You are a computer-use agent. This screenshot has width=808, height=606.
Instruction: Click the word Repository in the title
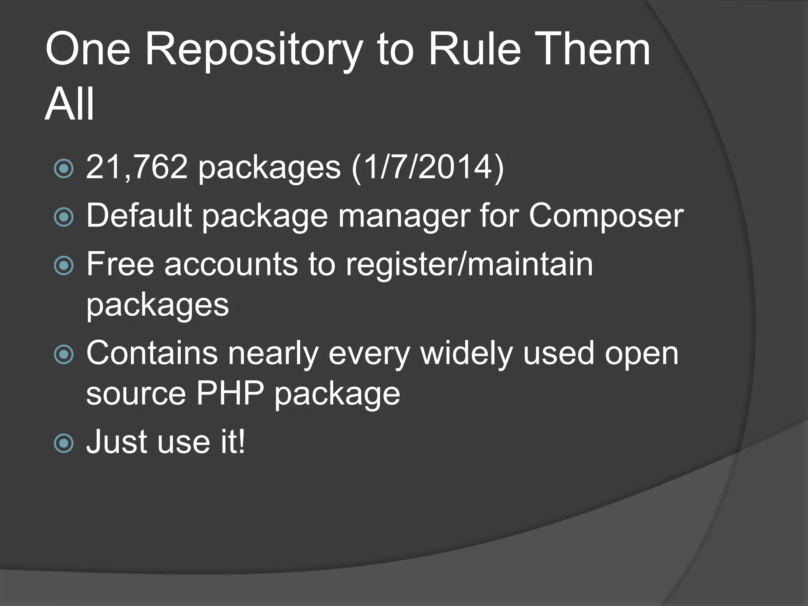click(x=254, y=50)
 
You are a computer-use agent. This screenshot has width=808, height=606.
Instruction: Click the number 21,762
click(x=137, y=167)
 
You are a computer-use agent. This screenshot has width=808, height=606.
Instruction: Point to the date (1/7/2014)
click(x=428, y=167)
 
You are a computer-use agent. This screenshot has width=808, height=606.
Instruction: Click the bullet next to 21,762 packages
click(x=64, y=169)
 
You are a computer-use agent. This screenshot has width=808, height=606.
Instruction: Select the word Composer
click(x=606, y=216)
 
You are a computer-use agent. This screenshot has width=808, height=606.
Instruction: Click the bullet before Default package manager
click(x=64, y=217)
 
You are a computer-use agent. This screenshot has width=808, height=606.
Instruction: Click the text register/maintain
click(x=469, y=264)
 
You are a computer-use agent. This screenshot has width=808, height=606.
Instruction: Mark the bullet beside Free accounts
click(x=64, y=266)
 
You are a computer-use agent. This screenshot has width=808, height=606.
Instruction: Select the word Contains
click(x=152, y=353)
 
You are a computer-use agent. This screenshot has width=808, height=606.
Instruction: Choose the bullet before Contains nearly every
click(x=64, y=354)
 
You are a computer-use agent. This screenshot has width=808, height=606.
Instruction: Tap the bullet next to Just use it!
click(x=64, y=443)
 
